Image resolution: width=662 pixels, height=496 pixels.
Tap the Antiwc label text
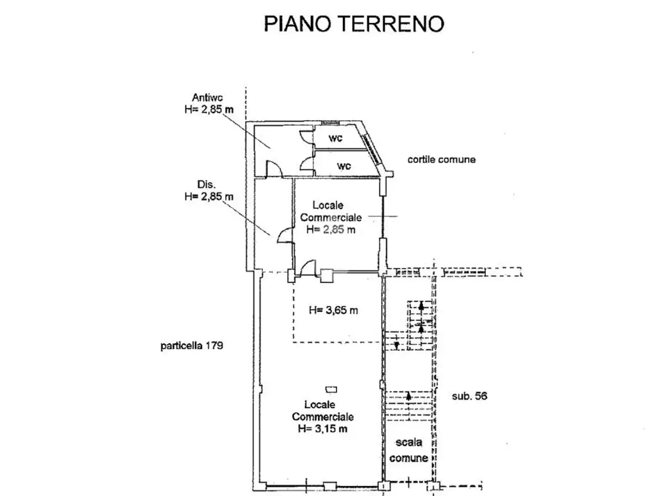coord(207,98)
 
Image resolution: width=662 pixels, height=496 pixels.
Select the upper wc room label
coord(335,138)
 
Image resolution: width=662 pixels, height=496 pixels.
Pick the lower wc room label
coord(344,166)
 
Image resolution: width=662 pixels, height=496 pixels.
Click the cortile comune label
coord(442,159)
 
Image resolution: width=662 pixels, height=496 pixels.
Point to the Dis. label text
coord(206,184)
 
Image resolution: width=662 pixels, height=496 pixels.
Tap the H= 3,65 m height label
coord(333,310)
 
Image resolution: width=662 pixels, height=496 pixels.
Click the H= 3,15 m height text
coord(322,428)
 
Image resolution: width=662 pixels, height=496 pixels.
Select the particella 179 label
coord(192,346)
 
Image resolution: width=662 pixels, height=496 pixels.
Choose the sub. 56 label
coord(470,396)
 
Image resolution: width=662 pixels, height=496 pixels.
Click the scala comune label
coord(409,450)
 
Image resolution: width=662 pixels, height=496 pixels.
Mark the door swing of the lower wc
coord(306,164)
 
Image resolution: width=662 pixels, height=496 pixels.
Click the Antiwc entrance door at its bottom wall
coord(274,169)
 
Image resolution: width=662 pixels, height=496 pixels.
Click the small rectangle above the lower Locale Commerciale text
coord(331,390)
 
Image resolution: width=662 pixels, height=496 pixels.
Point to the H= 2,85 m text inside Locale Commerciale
coord(331,230)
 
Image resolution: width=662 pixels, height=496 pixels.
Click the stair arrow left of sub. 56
coord(409,396)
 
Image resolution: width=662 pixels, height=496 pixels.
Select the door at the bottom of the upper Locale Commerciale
coord(308,268)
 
